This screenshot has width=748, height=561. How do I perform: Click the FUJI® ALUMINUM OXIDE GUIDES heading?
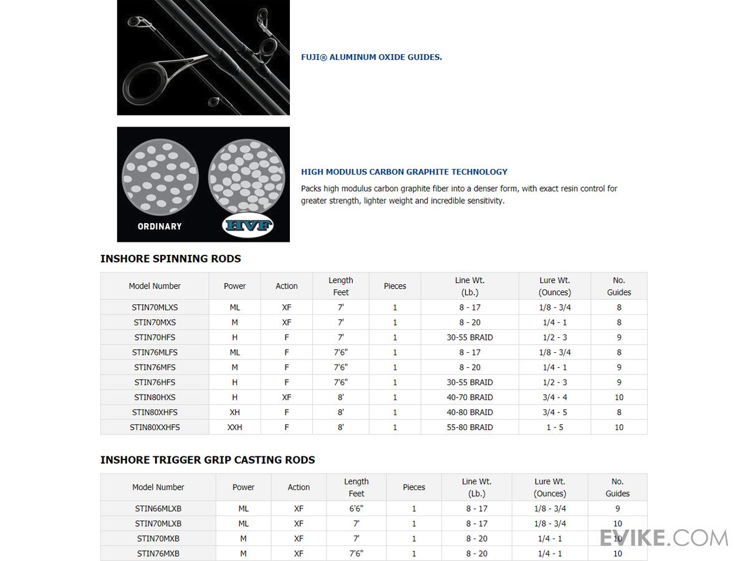coord(372,57)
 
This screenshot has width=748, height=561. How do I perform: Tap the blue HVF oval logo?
coord(248,226)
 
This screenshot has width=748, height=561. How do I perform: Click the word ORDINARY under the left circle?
coord(160,226)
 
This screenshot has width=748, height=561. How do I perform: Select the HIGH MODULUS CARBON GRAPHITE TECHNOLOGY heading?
coord(404,172)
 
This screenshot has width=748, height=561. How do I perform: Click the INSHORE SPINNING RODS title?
coord(170,259)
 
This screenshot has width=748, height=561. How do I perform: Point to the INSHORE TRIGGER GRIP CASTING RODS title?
coord(208,460)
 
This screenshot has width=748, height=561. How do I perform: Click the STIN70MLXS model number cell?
coord(155,307)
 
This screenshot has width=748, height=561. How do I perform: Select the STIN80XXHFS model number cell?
coord(155,428)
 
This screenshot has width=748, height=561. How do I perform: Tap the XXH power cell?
coord(235,428)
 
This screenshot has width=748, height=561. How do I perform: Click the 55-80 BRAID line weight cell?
coord(469,428)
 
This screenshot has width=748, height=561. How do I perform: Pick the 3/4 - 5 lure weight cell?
coord(555,413)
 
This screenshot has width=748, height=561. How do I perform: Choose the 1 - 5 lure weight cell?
coord(555,428)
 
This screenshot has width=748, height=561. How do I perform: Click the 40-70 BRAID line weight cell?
coord(469,398)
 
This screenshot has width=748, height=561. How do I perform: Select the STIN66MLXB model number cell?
coord(158,509)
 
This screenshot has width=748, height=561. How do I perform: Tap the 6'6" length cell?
coord(357,509)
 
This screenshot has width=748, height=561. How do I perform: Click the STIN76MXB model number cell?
coord(158,554)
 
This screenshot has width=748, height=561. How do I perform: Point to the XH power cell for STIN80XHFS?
coord(235,413)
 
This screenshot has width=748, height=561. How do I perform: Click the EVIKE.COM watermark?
coord(664,538)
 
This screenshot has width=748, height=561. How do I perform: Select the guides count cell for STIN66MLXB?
coord(617,509)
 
